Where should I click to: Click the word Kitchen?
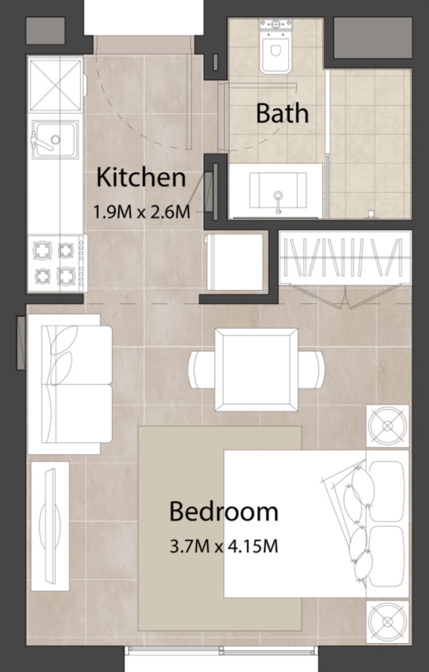click(x=141, y=177)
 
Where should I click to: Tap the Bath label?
click(x=282, y=113)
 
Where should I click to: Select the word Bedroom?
click(x=223, y=511)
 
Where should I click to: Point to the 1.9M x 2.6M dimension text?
click(x=142, y=212)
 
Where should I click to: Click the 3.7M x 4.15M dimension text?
click(x=224, y=546)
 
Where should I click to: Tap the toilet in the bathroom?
click(x=275, y=48)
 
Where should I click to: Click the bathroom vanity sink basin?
click(x=277, y=190)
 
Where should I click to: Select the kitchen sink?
click(x=56, y=139)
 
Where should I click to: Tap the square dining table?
click(x=256, y=370)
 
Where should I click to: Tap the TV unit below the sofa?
click(x=50, y=526)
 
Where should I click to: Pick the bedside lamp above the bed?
click(x=387, y=426)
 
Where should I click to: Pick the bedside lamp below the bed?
click(x=387, y=621)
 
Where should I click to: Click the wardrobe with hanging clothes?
click(x=345, y=258)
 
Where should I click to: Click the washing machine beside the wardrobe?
click(x=235, y=262)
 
